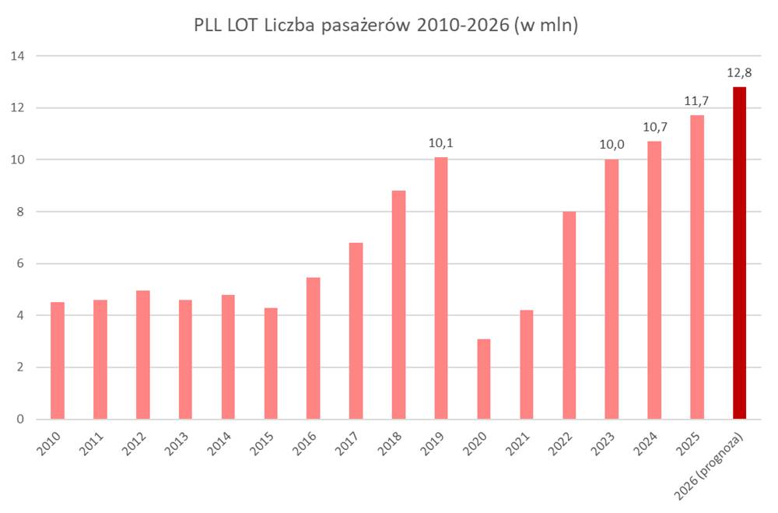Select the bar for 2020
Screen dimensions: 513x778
pyautogui.click(x=483, y=379)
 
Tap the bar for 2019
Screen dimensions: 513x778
pyautogui.click(x=441, y=288)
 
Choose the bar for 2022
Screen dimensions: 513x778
pyautogui.click(x=569, y=315)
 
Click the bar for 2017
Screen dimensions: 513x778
pyautogui.click(x=356, y=331)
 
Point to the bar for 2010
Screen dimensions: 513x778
pyautogui.click(x=58, y=360)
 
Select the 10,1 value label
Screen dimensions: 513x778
pyautogui.click(x=441, y=144)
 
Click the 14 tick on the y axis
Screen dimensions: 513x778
pyautogui.click(x=18, y=56)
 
